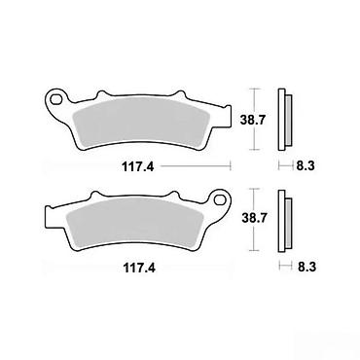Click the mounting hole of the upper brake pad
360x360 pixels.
pyautogui.click(x=56, y=98)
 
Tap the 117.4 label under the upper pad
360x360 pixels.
pyautogui.click(x=138, y=167)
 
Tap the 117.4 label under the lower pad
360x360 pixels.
pyautogui.click(x=139, y=269)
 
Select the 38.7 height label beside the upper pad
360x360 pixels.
pyautogui.click(x=253, y=120)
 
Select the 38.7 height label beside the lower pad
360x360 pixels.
pyautogui.click(x=254, y=218)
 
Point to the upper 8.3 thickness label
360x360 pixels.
pyautogui.click(x=306, y=166)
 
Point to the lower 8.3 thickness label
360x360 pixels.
pyautogui.click(x=306, y=267)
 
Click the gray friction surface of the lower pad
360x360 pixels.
pyautogui.click(x=133, y=224)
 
